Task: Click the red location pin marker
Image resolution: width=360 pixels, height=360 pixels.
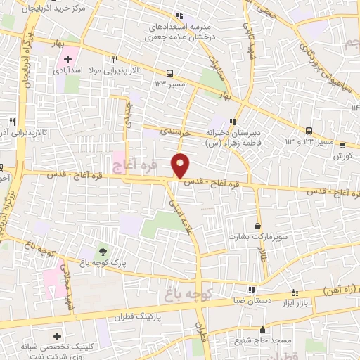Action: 181,165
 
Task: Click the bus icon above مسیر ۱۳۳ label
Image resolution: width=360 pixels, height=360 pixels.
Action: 169,72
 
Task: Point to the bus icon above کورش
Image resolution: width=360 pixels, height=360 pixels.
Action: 342,146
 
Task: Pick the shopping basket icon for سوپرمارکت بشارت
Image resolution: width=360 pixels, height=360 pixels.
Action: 259,226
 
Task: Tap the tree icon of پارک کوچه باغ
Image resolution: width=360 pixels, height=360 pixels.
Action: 103,251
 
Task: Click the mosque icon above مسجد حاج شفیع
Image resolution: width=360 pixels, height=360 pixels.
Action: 263,329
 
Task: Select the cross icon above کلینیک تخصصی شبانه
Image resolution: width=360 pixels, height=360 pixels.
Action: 58,335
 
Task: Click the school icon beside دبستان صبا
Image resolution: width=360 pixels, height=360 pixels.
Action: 252,290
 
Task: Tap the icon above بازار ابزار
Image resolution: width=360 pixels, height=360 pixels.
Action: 294,290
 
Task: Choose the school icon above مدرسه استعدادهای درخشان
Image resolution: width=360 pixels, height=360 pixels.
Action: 180,15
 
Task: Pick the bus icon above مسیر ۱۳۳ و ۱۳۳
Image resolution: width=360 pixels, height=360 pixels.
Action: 309,131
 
